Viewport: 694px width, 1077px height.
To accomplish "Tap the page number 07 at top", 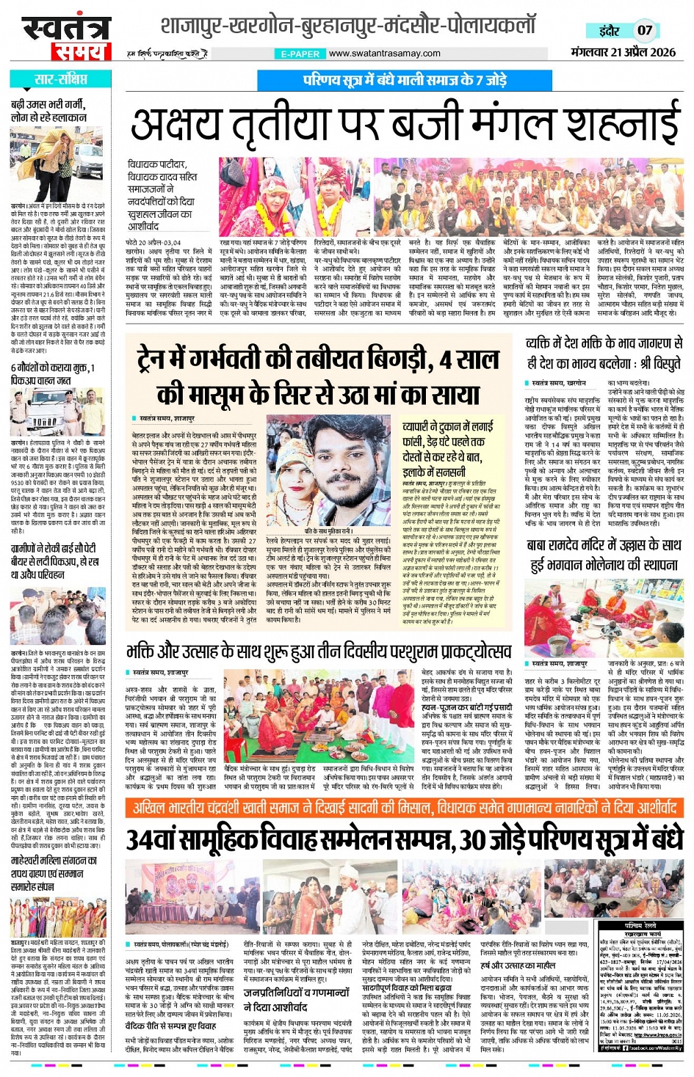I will click(x=644, y=31).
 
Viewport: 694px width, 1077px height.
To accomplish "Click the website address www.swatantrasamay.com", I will click(x=384, y=54).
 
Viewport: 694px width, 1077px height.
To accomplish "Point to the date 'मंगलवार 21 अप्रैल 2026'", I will click(x=623, y=52).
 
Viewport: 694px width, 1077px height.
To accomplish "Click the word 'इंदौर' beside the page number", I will click(x=609, y=31).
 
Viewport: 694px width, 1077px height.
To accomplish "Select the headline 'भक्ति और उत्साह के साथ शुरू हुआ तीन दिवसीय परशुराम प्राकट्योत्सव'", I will click(x=319, y=651).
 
